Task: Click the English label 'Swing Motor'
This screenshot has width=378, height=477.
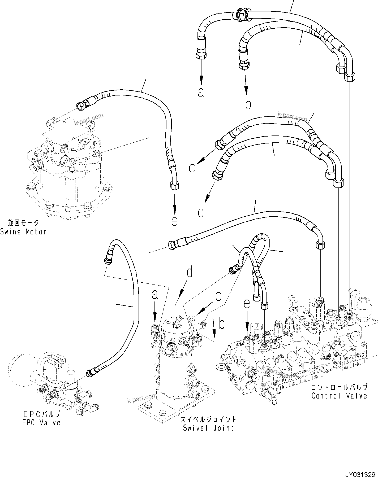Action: click(23, 232)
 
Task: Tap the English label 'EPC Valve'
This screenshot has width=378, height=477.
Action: click(41, 422)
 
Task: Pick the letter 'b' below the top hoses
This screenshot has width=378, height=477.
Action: click(248, 104)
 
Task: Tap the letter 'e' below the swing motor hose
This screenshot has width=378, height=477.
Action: click(174, 221)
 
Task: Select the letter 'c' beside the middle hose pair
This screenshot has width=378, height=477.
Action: click(192, 168)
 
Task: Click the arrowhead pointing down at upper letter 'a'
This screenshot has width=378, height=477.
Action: click(201, 79)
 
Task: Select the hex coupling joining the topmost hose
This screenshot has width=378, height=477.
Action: click(241, 15)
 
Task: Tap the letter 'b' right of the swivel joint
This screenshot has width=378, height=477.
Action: click(222, 324)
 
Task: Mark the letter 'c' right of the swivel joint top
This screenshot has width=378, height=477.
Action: click(218, 296)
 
